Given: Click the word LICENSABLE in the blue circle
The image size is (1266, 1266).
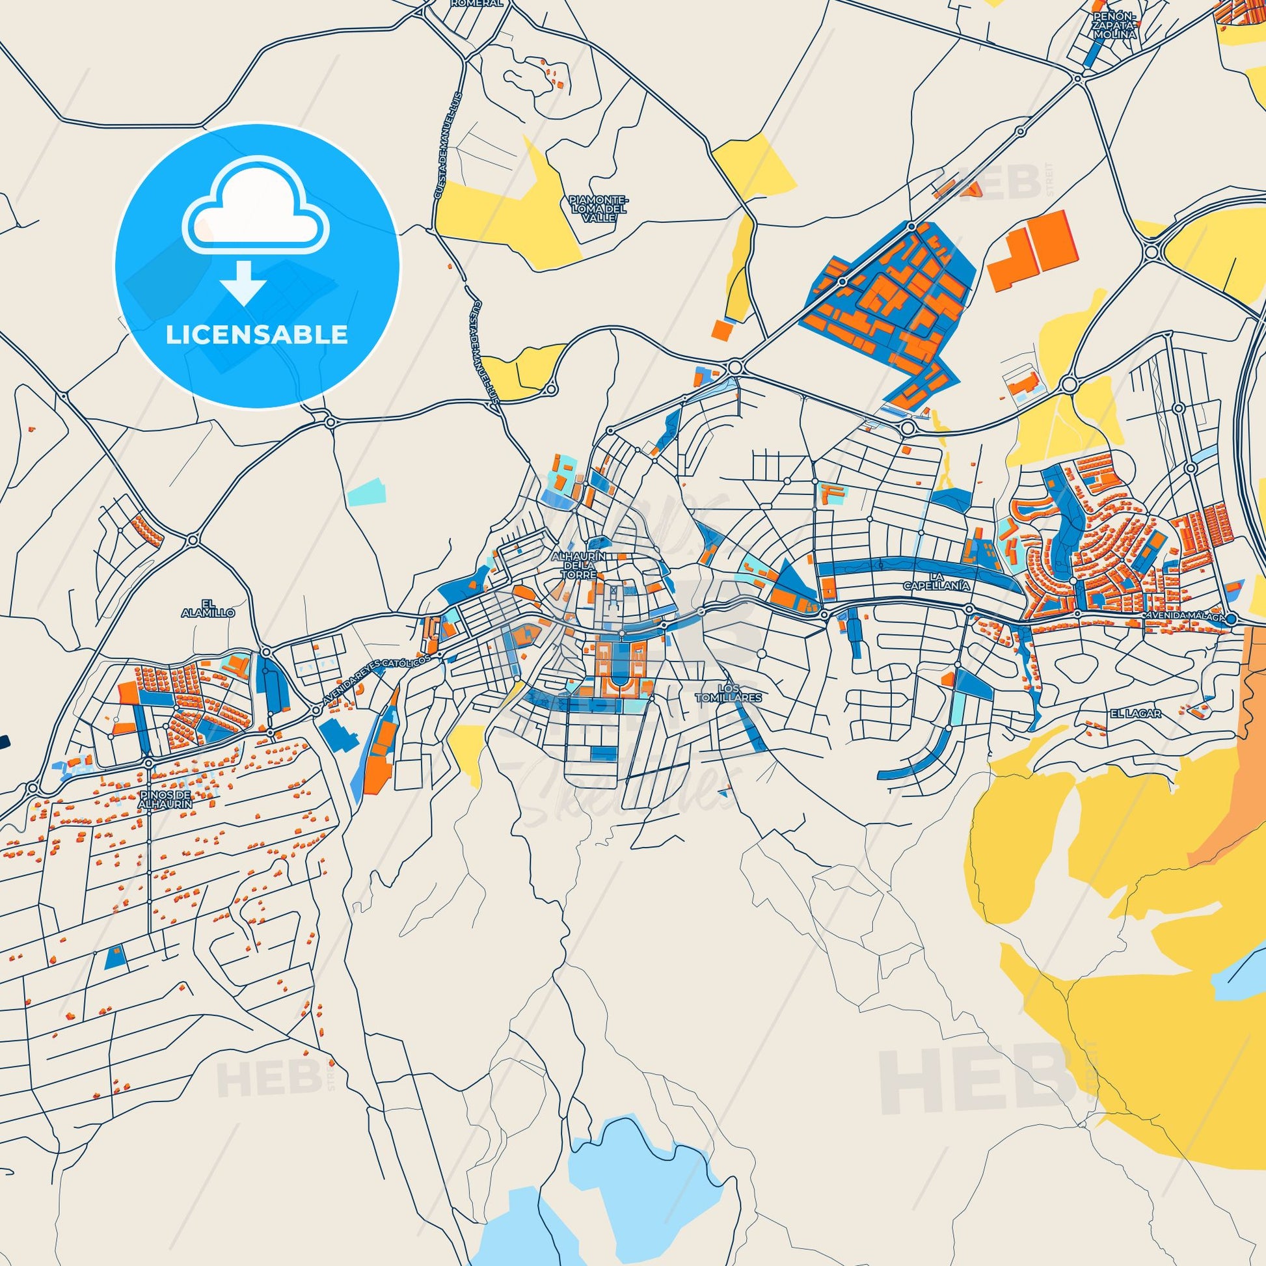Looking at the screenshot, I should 257,334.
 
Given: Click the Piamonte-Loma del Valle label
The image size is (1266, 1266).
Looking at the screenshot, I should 599,208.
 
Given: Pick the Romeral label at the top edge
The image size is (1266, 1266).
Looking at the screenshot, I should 477,3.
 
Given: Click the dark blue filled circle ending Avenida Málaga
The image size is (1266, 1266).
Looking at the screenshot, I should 1231,619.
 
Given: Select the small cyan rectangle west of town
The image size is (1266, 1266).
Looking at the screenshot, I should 367,492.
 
